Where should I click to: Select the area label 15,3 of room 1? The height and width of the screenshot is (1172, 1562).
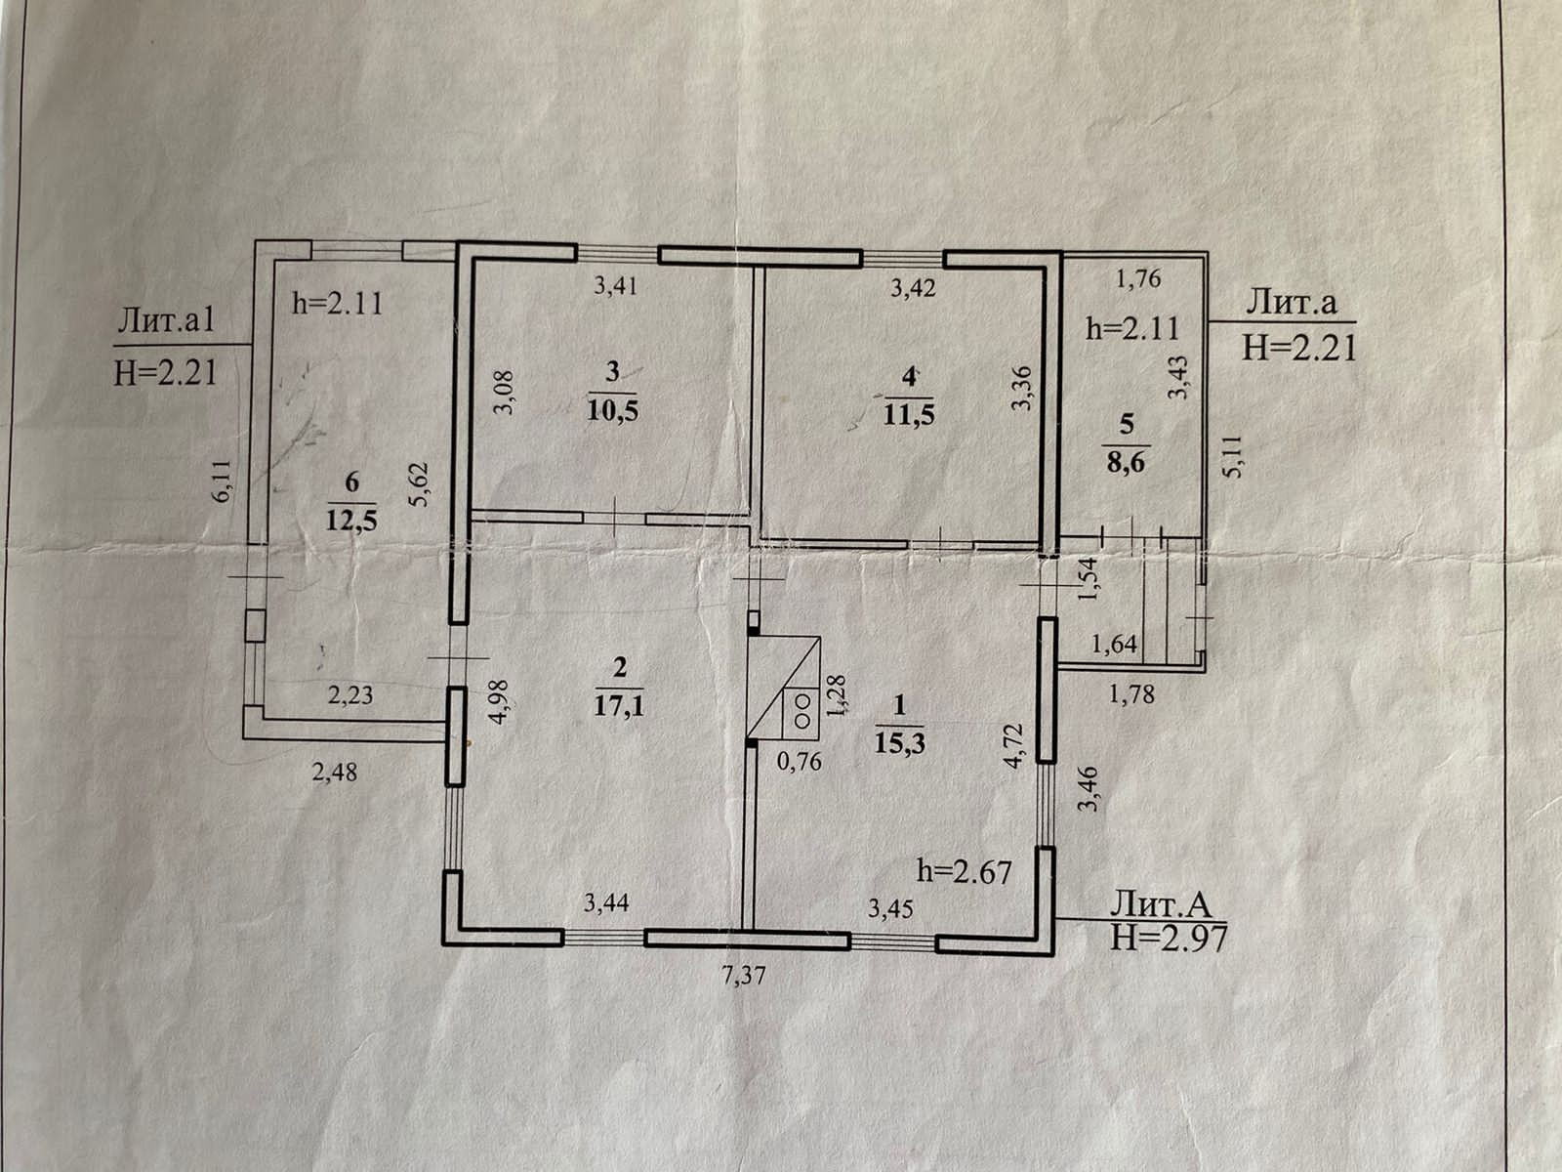[899, 742]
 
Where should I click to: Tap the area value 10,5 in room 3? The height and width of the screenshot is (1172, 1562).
[612, 409]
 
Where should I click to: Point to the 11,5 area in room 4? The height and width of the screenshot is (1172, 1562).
[909, 413]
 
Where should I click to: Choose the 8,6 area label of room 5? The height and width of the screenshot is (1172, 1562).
[1127, 462]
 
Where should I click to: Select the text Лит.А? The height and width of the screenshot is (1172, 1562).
[1160, 904]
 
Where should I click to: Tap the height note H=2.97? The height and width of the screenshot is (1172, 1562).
[1169, 938]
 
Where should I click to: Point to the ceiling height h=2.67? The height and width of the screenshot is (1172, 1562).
[964, 869]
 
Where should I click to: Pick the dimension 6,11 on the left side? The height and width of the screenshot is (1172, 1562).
[224, 481]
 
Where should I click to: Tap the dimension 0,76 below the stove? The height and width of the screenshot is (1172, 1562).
[800, 760]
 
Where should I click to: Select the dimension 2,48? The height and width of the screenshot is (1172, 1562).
[334, 773]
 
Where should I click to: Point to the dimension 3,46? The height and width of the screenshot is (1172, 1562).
[1089, 790]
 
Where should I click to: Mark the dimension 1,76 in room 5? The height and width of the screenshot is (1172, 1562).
[1137, 279]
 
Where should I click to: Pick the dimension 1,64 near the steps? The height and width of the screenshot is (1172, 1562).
[1114, 644]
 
